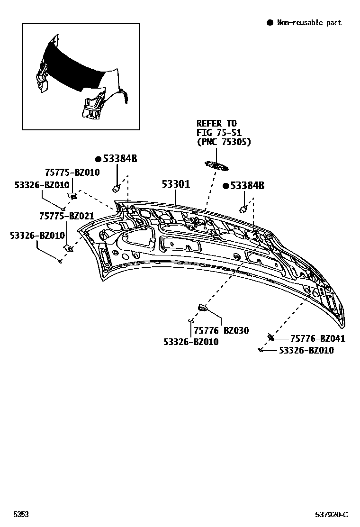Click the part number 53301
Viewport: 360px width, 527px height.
(176, 184)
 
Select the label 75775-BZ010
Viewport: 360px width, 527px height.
(72, 173)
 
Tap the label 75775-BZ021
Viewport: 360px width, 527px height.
(66, 216)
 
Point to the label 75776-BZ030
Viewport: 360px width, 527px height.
(221, 330)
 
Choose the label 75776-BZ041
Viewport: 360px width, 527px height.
(317, 338)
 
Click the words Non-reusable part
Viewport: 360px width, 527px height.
(309, 22)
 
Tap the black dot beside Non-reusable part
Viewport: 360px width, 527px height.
(270, 22)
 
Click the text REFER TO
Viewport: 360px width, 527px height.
(216, 124)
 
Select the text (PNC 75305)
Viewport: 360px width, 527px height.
(224, 142)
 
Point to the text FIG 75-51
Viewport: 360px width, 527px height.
(219, 133)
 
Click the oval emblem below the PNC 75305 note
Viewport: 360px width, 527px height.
(216, 165)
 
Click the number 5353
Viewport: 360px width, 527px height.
(21, 515)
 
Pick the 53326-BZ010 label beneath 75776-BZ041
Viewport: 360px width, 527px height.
(306, 350)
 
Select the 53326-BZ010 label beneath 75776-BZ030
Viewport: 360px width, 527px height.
(191, 341)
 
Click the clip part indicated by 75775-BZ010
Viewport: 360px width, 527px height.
(72, 194)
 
